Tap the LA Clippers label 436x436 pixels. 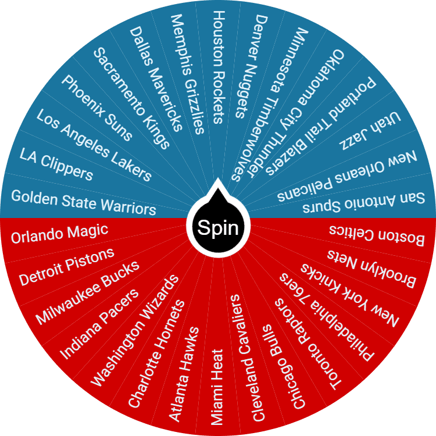pos(56,164)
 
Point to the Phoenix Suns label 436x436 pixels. pos(97,108)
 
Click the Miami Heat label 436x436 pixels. pos(216,387)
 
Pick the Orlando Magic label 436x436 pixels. pos(60,233)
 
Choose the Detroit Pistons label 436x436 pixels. pos(66,267)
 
